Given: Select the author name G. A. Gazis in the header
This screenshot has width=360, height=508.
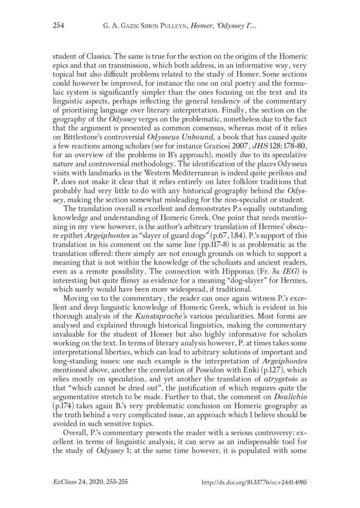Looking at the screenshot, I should point(117,26).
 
